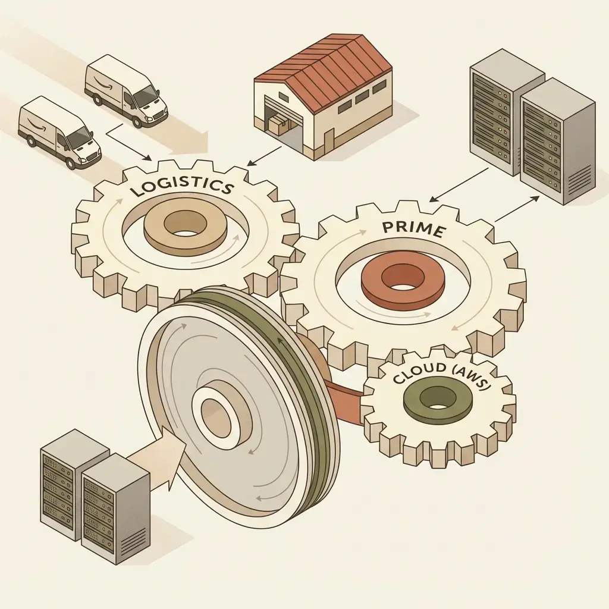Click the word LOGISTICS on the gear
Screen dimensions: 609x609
(182, 186)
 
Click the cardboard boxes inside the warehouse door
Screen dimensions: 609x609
(278, 125)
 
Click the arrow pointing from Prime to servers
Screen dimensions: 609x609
(517, 209)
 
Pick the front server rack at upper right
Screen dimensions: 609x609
(557, 141)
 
